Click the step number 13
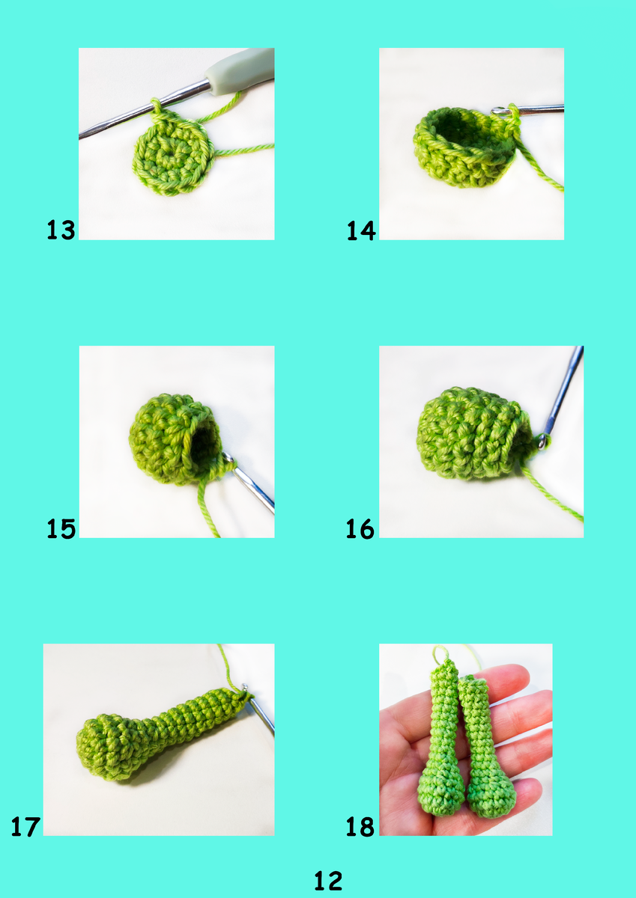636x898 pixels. (x=61, y=230)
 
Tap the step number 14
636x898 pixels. (x=361, y=230)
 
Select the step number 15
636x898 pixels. (x=61, y=528)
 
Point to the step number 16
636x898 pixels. (x=360, y=528)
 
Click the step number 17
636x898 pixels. (x=25, y=826)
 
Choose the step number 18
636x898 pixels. (x=360, y=826)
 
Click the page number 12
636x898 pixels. (x=328, y=880)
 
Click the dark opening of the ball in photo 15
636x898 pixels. (x=203, y=443)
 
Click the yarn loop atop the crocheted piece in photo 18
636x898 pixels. (x=440, y=653)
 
